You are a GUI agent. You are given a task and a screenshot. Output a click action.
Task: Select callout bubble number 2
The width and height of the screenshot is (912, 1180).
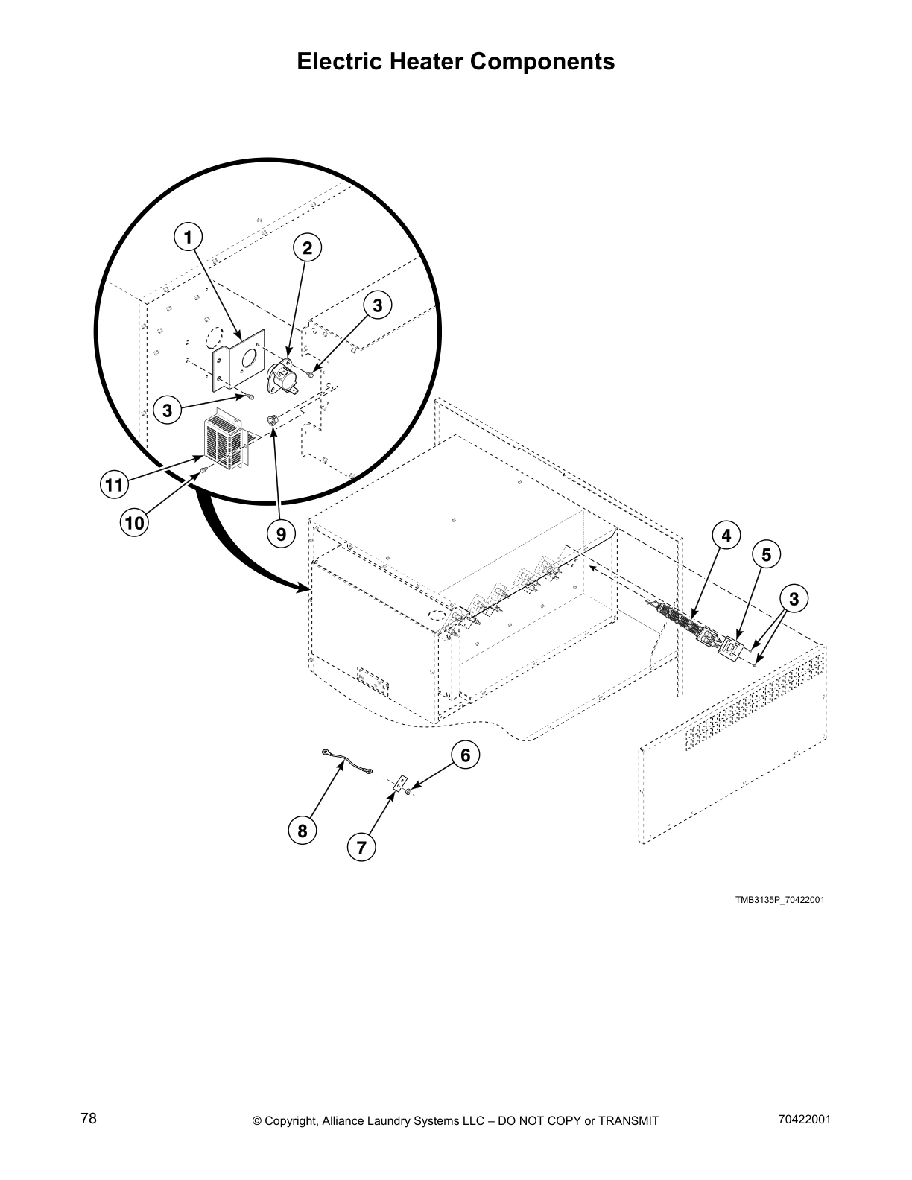[307, 248]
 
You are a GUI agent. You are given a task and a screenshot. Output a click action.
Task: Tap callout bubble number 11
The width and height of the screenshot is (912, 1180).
[113, 486]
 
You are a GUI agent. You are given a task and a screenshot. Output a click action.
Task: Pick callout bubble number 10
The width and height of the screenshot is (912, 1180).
[134, 523]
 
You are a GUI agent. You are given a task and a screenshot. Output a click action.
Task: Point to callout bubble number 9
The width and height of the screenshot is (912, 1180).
[281, 534]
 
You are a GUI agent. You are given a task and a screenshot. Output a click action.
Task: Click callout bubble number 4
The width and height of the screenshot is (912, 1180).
[726, 535]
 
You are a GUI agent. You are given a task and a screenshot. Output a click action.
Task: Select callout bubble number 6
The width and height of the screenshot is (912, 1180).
[465, 755]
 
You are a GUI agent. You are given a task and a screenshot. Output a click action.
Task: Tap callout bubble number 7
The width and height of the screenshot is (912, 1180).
[361, 848]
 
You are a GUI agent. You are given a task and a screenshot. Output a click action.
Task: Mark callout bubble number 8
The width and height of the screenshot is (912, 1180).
[303, 831]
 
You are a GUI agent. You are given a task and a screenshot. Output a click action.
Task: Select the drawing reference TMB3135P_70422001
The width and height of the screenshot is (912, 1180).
[779, 900]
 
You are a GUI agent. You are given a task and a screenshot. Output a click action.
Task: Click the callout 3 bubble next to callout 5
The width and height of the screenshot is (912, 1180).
[794, 598]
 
